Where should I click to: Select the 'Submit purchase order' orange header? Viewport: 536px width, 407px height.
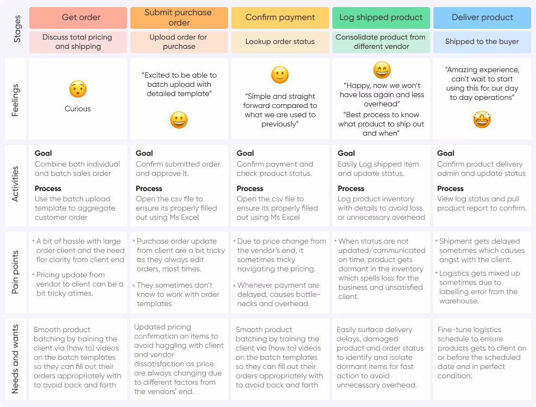coord(179,17)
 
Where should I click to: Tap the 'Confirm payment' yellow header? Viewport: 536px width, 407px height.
coord(280,17)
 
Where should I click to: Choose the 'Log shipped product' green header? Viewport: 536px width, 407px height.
coord(381,17)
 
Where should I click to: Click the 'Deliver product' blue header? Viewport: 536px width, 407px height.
coord(482,17)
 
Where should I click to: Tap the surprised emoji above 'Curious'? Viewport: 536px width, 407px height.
coord(78,89)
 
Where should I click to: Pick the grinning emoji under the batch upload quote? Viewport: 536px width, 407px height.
coord(179,120)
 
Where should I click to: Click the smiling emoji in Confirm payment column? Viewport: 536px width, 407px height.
coord(280,75)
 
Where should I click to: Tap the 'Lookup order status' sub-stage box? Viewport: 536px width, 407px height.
coord(280,42)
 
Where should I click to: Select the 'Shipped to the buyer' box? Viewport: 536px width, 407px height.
coord(482,42)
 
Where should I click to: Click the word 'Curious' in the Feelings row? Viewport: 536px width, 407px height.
coord(78,109)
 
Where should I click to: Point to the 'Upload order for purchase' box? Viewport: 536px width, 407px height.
coord(179,42)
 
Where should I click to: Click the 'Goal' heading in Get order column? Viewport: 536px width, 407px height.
coord(43,154)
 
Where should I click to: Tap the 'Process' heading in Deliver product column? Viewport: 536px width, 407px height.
coord(450,188)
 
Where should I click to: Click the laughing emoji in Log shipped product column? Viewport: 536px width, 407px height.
coord(382,70)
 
